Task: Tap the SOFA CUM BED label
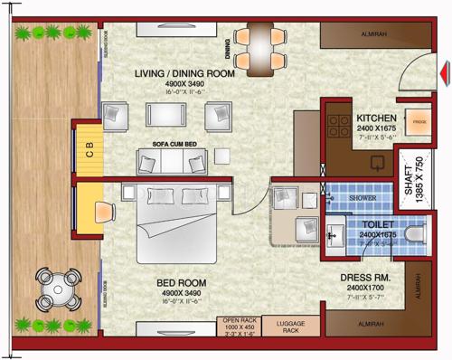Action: [174, 144]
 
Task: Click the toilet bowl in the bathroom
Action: [414, 235]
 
